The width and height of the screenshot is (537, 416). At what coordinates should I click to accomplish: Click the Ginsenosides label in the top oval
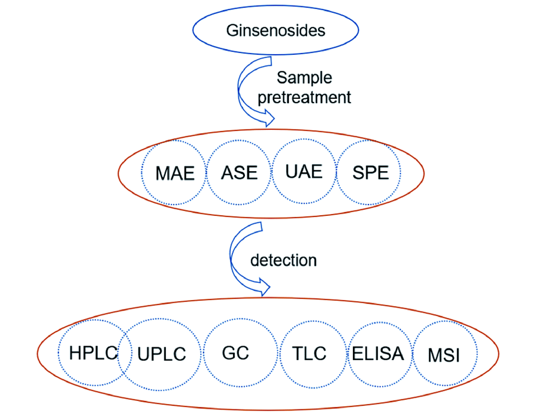click(x=276, y=30)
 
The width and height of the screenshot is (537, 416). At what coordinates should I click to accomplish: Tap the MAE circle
click(x=175, y=173)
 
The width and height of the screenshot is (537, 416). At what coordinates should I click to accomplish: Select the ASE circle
click(x=239, y=173)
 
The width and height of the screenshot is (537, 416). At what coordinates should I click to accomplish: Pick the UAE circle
click(x=304, y=171)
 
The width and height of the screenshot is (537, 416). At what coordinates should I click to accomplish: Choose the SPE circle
click(x=371, y=173)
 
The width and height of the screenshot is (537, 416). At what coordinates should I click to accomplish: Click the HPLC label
click(x=93, y=353)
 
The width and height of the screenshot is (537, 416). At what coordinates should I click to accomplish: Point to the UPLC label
click(x=162, y=354)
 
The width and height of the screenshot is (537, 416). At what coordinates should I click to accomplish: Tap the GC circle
click(x=235, y=353)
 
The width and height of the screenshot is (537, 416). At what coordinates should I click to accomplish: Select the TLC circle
click(x=310, y=354)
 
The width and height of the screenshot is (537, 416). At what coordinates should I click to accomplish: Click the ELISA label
click(x=378, y=354)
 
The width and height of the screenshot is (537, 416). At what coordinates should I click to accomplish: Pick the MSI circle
click(x=444, y=355)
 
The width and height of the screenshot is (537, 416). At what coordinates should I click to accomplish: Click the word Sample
click(x=304, y=78)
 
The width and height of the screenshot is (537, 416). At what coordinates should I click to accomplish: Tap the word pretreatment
click(x=304, y=98)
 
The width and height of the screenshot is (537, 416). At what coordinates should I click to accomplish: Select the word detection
click(x=284, y=260)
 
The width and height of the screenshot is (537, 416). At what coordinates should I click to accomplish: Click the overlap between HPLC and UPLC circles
click(x=122, y=354)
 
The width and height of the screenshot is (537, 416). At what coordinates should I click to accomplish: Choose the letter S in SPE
click(x=358, y=173)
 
